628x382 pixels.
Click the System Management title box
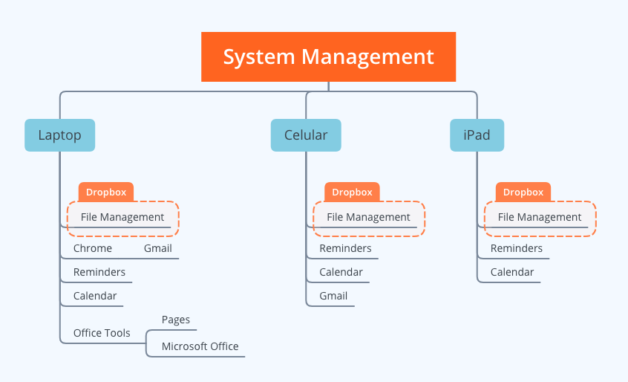click(x=328, y=57)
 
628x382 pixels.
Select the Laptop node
click(x=59, y=135)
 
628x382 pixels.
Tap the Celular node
click(x=306, y=135)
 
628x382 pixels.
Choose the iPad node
click(x=477, y=135)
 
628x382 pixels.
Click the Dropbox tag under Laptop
click(x=106, y=192)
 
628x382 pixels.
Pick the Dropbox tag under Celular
click(x=352, y=192)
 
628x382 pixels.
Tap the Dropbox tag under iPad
click(x=523, y=192)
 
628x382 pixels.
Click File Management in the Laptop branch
click(x=122, y=217)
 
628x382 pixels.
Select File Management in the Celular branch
click(x=368, y=217)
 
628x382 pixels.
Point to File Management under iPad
click(x=540, y=217)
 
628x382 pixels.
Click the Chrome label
click(x=93, y=248)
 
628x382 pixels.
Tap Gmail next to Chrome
click(x=158, y=248)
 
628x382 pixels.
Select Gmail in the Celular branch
click(x=333, y=296)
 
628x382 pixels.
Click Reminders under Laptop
click(x=99, y=272)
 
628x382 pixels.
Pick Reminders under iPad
click(x=517, y=248)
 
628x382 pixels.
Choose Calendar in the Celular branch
click(x=341, y=272)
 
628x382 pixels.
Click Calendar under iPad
click(x=512, y=272)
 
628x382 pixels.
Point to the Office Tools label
click(x=102, y=333)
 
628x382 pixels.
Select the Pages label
click(x=176, y=320)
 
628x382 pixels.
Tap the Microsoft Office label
click(x=200, y=346)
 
